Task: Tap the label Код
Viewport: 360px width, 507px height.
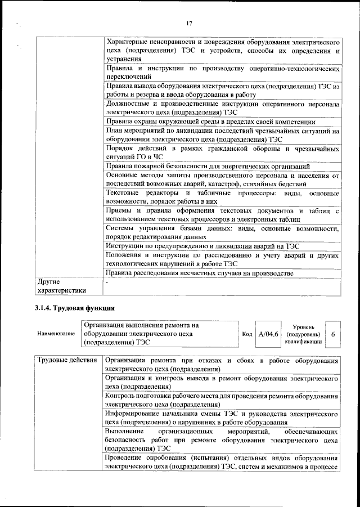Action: click(246, 334)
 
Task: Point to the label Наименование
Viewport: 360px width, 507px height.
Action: click(56, 334)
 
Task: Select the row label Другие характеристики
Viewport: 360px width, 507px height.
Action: click(61, 286)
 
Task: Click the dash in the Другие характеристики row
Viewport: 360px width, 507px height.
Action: click(107, 281)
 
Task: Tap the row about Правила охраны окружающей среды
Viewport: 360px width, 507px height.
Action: click(210, 122)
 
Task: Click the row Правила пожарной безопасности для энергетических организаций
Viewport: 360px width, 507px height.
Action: click(208, 166)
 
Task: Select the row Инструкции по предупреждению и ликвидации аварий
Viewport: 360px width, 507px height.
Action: click(202, 246)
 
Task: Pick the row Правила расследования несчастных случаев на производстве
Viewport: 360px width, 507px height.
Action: click(200, 273)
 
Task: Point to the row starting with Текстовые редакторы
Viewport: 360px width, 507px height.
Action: click(222, 197)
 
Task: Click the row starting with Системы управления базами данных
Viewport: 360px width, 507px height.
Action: click(222, 232)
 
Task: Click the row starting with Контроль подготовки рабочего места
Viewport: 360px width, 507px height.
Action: click(222, 400)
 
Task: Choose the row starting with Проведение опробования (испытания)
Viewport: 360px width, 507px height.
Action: click(222, 462)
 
